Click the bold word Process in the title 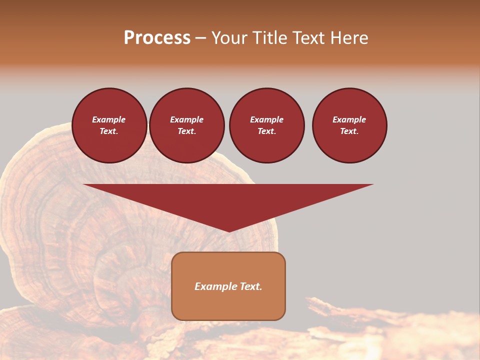(x=157, y=38)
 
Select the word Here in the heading (x=349, y=38)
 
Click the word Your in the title (x=230, y=38)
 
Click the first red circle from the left (x=109, y=125)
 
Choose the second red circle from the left (x=187, y=125)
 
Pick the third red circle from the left (x=267, y=125)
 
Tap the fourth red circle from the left (x=349, y=125)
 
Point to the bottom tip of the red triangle (x=229, y=231)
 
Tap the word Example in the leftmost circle (x=109, y=119)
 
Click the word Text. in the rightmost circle (x=349, y=131)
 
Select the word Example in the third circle (x=267, y=119)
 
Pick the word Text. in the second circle (x=187, y=131)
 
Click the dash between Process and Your (x=201, y=38)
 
